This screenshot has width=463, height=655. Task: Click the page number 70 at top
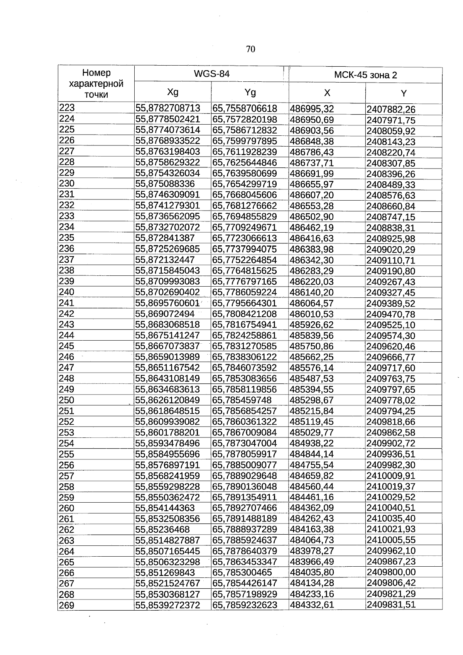[250, 49]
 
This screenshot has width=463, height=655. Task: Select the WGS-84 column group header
[212, 74]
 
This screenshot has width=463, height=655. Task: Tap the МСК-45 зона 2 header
[365, 75]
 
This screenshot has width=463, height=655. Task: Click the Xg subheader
[172, 92]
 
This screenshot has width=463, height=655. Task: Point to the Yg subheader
[250, 93]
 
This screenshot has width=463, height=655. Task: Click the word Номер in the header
[96, 73]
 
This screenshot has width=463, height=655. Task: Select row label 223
[66, 108]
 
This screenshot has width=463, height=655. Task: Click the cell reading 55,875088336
[165, 184]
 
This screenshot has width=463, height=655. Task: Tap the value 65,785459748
[242, 400]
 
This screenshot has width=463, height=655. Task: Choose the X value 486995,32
[311, 109]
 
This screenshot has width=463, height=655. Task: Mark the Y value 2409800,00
[391, 572]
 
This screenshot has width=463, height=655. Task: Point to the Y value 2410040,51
[391, 508]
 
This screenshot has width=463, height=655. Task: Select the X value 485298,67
[311, 400]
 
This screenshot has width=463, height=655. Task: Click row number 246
[66, 357]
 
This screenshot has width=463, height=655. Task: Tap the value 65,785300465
[242, 572]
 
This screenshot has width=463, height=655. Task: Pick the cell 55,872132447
[165, 260]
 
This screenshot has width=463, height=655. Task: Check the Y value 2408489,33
[391, 184]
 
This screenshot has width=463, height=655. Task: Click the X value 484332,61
[311, 604]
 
